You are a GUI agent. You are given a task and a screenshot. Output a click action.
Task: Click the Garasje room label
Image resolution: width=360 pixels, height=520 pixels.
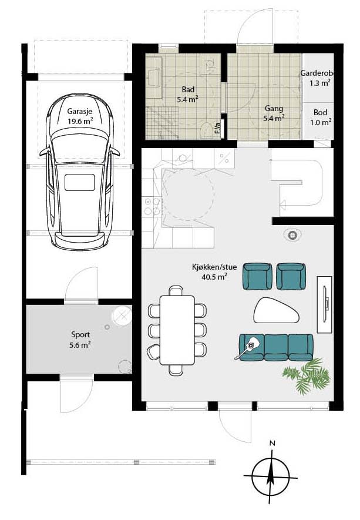(79, 112)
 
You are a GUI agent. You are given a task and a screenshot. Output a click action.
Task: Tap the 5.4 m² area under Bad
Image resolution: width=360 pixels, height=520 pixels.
(187, 99)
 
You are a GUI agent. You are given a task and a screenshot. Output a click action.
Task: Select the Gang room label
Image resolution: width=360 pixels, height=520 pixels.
(274, 109)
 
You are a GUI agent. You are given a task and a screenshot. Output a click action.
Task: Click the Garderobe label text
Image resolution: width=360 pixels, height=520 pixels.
(317, 73)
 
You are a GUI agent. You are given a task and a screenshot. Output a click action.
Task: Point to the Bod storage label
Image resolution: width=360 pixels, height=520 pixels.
(320, 112)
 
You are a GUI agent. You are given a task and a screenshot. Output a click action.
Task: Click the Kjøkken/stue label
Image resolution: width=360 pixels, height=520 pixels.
(214, 267)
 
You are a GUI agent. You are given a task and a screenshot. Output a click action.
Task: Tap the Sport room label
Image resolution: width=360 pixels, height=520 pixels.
(80, 334)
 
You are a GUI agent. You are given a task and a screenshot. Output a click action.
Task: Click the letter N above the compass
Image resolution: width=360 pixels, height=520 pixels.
(272, 443)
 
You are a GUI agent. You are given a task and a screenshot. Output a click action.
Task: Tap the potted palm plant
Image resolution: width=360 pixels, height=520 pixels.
(307, 375)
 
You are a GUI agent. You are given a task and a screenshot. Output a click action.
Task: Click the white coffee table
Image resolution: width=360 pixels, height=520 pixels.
(277, 310)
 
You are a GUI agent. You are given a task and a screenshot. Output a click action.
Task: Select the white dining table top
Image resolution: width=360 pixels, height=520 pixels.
(177, 330)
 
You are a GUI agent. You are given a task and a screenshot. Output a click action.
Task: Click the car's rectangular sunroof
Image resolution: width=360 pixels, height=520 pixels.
(79, 183)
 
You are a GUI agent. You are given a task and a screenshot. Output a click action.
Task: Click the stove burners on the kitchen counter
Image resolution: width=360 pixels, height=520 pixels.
(152, 206)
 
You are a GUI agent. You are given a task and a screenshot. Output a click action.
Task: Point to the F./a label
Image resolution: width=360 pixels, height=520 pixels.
(218, 128)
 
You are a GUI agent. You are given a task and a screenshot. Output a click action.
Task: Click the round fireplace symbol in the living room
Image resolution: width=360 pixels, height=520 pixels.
(292, 235)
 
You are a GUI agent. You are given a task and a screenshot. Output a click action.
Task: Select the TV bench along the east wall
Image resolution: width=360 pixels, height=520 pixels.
(324, 304)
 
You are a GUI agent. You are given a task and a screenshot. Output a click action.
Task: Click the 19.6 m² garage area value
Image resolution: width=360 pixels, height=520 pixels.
(80, 121)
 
